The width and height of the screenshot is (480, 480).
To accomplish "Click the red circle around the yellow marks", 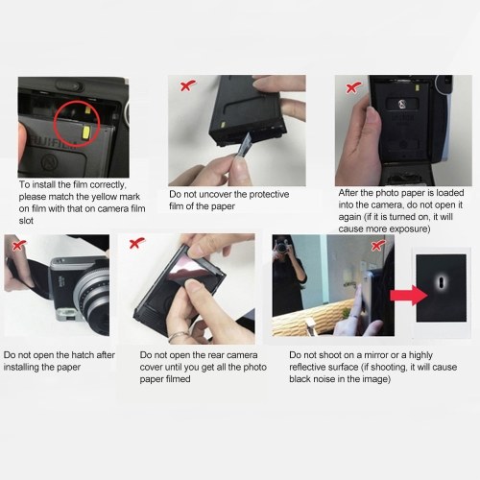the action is pyautogui.click(x=54, y=123).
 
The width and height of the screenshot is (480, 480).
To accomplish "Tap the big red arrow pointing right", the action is pyautogui.click(x=409, y=295).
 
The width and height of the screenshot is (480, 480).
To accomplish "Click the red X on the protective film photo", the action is pyautogui.click(x=188, y=85).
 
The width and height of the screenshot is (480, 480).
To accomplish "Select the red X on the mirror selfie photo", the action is pyautogui.click(x=377, y=246).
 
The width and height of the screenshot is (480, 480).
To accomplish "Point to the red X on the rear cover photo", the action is pyautogui.click(x=137, y=243).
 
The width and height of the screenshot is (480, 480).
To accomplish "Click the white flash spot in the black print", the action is pyautogui.click(x=441, y=282).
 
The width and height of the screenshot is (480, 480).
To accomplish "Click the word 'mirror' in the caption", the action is pyautogui.click(x=375, y=355).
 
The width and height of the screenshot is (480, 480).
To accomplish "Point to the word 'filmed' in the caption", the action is pyautogui.click(x=178, y=379).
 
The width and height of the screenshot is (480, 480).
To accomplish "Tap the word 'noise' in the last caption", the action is pyautogui.click(x=328, y=379).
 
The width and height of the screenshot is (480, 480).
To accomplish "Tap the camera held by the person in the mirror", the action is pyautogui.click(x=282, y=247).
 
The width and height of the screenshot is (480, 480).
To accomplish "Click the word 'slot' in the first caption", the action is pyautogui.click(x=26, y=221).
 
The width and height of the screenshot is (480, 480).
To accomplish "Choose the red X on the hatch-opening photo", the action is pyautogui.click(x=18, y=246).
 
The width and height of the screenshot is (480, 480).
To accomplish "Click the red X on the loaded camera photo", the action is pyautogui.click(x=353, y=87).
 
